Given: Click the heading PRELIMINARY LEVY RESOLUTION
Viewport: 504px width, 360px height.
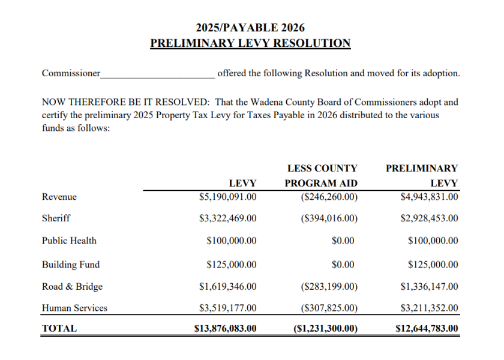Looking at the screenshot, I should pyautogui.click(x=250, y=43).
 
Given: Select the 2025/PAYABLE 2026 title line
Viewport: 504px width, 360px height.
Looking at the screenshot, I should pyautogui.click(x=250, y=28).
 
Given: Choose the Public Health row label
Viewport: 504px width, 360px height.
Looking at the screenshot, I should pyautogui.click(x=69, y=241).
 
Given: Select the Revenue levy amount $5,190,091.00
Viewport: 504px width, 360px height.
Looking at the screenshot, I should pyautogui.click(x=227, y=196).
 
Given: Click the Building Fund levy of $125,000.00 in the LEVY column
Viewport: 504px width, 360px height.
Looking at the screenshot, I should pyautogui.click(x=231, y=264).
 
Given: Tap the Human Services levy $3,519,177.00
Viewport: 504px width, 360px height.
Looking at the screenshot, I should pyautogui.click(x=227, y=308).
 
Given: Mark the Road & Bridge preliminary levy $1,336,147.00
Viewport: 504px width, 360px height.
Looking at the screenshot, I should pyautogui.click(x=429, y=286).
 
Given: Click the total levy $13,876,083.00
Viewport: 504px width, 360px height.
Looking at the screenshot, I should pyautogui.click(x=226, y=328).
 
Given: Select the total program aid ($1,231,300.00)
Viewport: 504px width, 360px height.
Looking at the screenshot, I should pyautogui.click(x=325, y=328).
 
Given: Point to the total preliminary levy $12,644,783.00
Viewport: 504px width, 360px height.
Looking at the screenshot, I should pyautogui.click(x=427, y=328).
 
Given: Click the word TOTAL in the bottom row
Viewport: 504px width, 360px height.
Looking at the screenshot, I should pyautogui.click(x=59, y=328).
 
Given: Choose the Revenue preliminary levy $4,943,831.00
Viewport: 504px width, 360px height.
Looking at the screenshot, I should pyautogui.click(x=429, y=196).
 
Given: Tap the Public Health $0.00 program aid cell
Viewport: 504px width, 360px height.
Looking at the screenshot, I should pyautogui.click(x=343, y=241).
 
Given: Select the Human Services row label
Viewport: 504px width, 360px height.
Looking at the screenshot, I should pyautogui.click(x=74, y=308).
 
